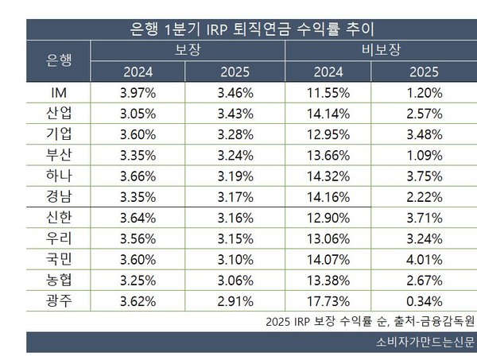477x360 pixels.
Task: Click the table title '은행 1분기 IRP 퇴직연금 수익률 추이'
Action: [251, 29]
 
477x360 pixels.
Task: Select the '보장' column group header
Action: [188, 50]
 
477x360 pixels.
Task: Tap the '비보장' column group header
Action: [381, 50]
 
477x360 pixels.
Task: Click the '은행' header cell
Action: [59, 60]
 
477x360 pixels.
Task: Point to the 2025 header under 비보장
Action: [424, 72]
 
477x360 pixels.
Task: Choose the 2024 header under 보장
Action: [138, 72]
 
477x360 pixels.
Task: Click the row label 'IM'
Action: [59, 93]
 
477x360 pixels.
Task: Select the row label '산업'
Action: [59, 114]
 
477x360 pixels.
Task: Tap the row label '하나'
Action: [59, 176]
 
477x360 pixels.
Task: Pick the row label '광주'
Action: [59, 301]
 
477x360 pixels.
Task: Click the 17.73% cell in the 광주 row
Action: [328, 301]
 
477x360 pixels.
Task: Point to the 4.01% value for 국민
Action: [424, 260]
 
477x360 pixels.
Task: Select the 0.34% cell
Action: [424, 301]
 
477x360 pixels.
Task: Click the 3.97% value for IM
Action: [138, 93]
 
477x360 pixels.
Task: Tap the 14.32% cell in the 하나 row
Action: [328, 176]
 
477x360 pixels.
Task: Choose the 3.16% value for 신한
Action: [235, 218]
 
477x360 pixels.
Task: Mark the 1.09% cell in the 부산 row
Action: [424, 156]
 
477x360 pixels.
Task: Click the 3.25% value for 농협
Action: [138, 281]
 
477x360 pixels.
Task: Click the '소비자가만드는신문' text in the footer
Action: [425, 342]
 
